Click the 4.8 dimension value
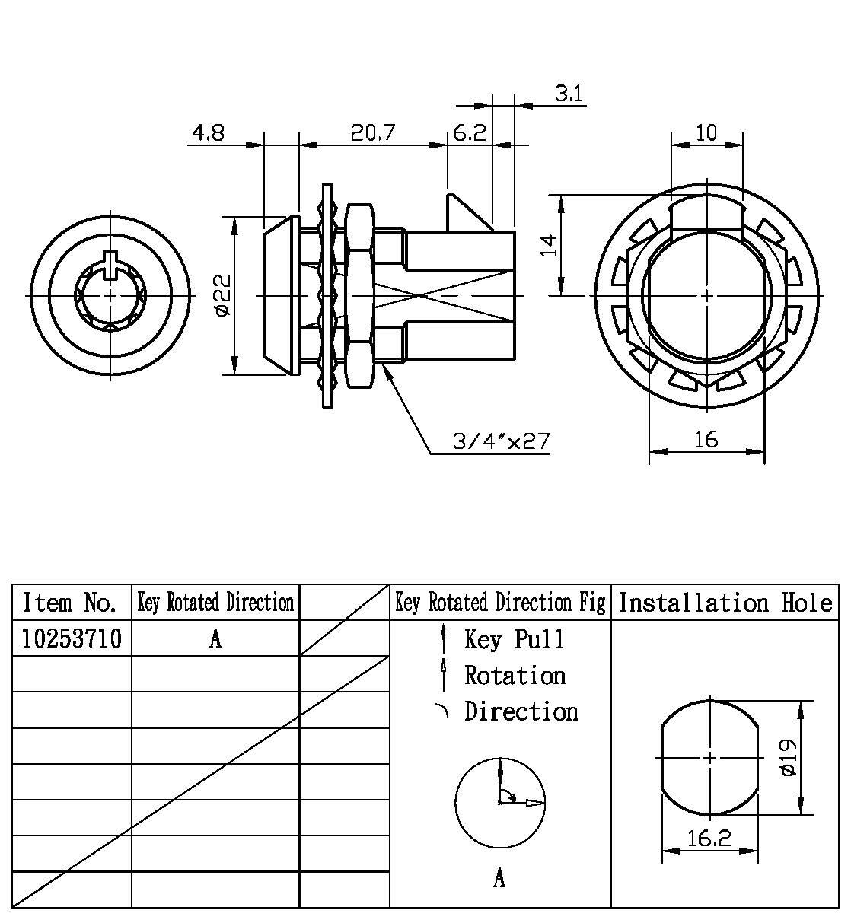click(x=208, y=133)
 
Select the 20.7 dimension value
click(x=373, y=133)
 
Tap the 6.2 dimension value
click(x=470, y=133)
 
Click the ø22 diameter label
click(x=222, y=295)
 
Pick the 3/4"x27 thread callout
click(x=500, y=441)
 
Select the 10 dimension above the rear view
click(x=706, y=132)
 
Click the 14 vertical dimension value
click(x=550, y=245)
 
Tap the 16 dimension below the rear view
click(x=706, y=439)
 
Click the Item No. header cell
click(x=71, y=603)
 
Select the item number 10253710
click(x=72, y=638)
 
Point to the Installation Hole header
click(x=725, y=603)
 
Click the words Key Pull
click(x=515, y=639)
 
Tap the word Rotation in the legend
click(x=515, y=675)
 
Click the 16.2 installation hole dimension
click(x=709, y=838)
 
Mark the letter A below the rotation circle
click(x=499, y=879)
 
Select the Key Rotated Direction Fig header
click(x=500, y=603)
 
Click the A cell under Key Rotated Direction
click(x=215, y=639)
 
